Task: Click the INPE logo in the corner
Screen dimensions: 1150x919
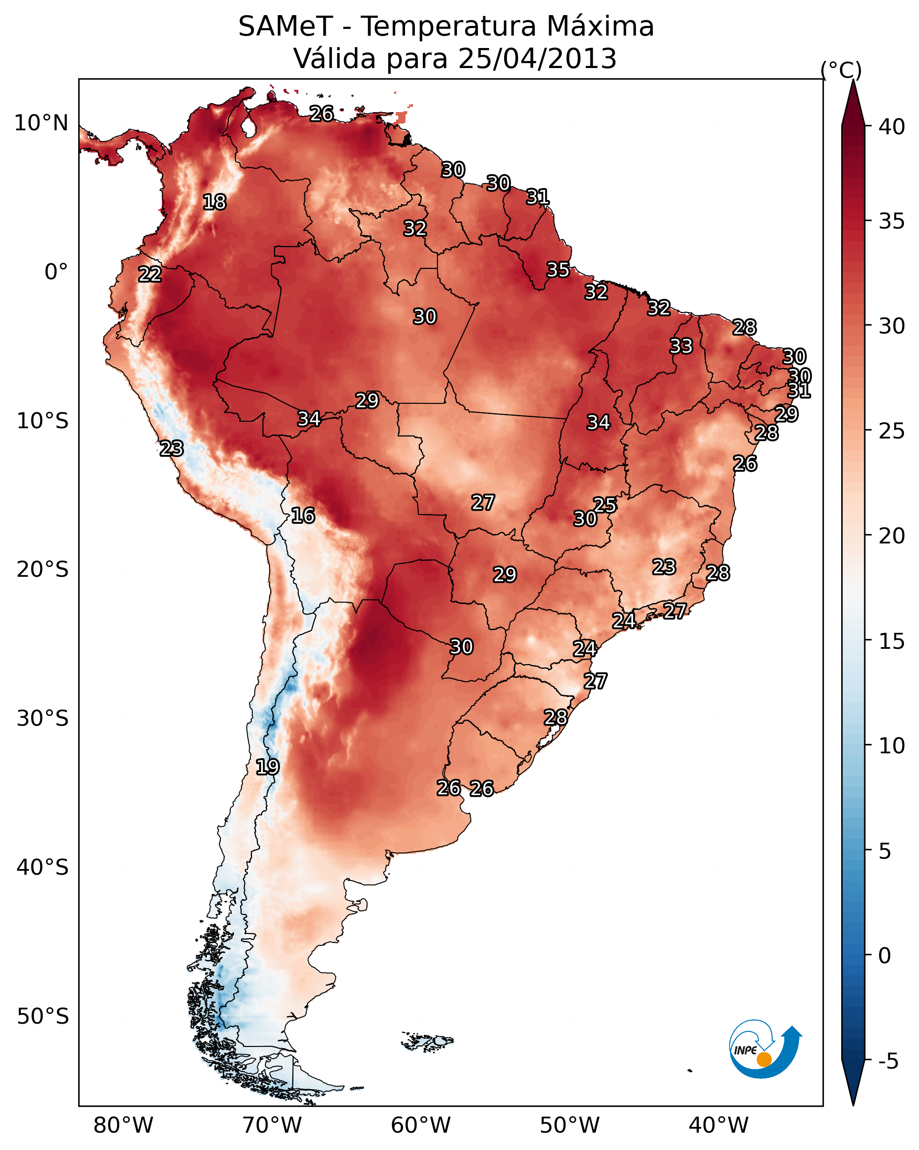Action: coord(764,1050)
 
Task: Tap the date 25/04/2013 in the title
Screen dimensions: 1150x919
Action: coord(537,59)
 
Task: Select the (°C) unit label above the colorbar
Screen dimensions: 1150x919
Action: coord(841,70)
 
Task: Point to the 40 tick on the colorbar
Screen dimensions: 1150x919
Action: coord(891,127)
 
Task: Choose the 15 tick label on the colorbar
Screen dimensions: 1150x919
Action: coord(891,641)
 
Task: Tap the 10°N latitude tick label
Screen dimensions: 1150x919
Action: coord(41,123)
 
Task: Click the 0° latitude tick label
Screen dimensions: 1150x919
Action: coord(56,272)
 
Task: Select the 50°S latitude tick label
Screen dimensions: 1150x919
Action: coord(43,1017)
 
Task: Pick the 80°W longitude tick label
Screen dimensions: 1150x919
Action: coord(123,1125)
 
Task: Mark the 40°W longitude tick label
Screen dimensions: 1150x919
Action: coord(718,1125)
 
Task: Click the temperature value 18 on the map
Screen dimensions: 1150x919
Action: coord(214,202)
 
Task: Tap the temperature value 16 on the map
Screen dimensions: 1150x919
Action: coord(303,515)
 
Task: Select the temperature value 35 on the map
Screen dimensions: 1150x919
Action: coord(558,270)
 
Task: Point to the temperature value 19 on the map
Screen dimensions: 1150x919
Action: coord(267,767)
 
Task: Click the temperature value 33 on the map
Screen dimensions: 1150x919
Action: coord(681,346)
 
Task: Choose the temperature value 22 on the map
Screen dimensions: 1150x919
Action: coord(150,274)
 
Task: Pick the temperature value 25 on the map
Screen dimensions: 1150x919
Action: coord(605,505)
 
